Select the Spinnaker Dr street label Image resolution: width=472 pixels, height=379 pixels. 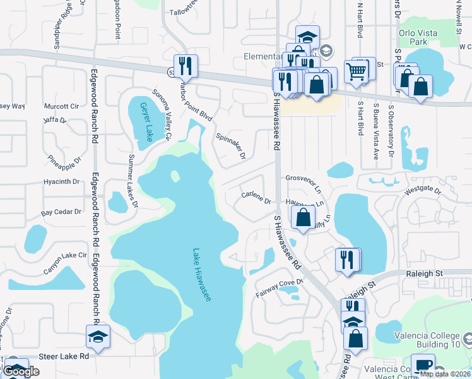click(231, 146)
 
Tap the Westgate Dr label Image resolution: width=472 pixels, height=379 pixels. click(422, 189)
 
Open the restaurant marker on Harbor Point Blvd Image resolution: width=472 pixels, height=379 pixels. click(186, 64)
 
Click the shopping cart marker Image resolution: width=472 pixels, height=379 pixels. click(357, 71)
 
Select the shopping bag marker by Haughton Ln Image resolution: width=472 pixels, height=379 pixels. click(304, 217)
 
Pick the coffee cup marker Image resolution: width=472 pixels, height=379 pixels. click(422, 364)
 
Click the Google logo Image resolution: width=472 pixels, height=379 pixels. click(21, 372)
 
